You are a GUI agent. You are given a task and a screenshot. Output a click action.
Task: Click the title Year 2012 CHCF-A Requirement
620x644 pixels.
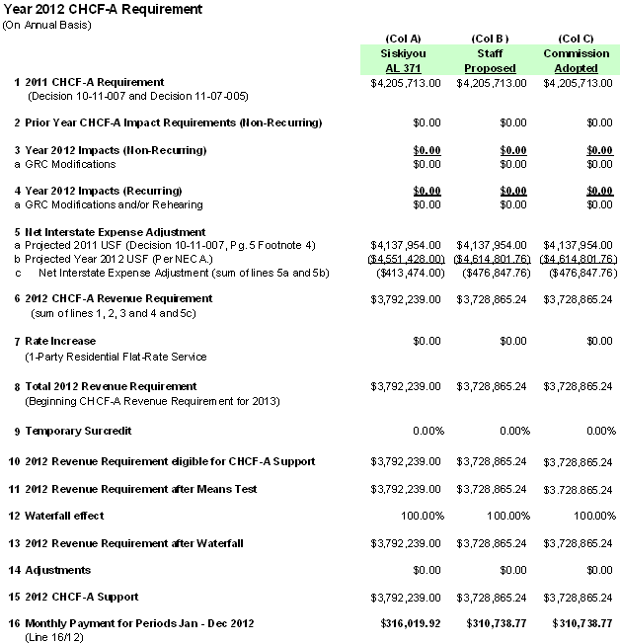(x=103, y=9)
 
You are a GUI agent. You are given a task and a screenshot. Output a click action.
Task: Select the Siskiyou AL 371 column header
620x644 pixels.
(x=398, y=60)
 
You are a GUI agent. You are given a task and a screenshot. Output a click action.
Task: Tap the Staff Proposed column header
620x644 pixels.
(x=490, y=60)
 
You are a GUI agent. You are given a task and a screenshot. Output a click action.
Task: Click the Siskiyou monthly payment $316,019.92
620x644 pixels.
(x=407, y=624)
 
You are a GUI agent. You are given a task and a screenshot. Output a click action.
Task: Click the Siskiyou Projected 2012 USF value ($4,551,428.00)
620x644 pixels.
(x=406, y=258)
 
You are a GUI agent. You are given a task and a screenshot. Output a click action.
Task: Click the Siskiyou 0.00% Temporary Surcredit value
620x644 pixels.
(x=426, y=432)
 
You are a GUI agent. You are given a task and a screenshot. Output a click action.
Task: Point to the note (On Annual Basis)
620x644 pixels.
(x=47, y=24)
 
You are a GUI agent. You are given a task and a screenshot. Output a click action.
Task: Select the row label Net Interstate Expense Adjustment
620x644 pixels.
(x=103, y=230)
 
